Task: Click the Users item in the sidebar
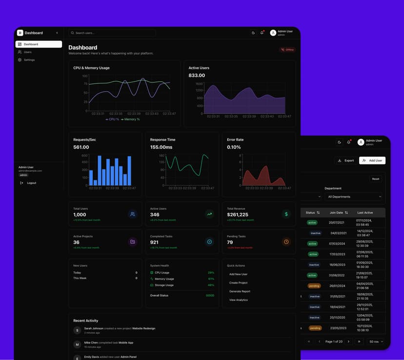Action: (x=27, y=52)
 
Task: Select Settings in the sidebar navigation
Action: (x=29, y=60)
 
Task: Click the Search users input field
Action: (x=112, y=33)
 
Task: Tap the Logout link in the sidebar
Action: (x=31, y=183)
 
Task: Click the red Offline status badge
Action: (x=287, y=50)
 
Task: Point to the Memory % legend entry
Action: (x=130, y=119)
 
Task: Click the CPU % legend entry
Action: (x=112, y=119)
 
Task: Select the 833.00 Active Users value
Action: (x=197, y=76)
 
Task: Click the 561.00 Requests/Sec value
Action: (x=81, y=147)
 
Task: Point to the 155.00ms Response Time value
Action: (x=161, y=147)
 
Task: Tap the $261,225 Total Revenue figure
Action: (x=238, y=215)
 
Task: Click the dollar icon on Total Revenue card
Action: (x=286, y=214)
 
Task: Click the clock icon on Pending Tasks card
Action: (x=286, y=241)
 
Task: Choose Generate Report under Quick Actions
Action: (x=240, y=291)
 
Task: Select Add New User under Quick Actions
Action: (x=238, y=274)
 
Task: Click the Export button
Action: (x=346, y=160)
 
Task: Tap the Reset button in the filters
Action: (x=375, y=179)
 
